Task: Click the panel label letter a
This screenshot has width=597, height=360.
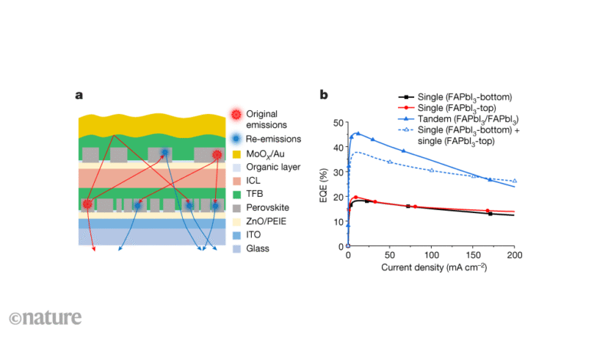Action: click(79, 96)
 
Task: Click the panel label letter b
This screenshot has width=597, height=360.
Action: click(324, 96)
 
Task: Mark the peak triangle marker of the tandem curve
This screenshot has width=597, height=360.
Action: click(357, 133)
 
